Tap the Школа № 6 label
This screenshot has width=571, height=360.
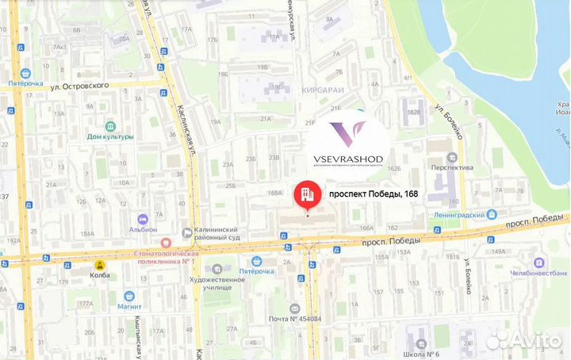[x=421, y=354]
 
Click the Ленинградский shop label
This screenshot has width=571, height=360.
[x=458, y=214]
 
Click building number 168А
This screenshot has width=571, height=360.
[x=275, y=192]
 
